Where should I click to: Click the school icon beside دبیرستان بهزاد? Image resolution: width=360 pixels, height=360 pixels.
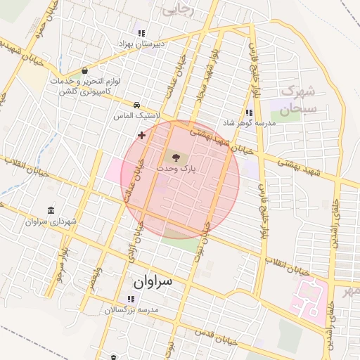141,32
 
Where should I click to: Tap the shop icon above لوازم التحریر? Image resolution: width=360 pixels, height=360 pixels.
85,71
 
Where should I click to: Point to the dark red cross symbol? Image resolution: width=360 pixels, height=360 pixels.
141,134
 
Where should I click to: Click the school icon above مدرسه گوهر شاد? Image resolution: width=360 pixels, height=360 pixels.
249,112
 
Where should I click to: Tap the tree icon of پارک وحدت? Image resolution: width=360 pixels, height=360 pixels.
175,157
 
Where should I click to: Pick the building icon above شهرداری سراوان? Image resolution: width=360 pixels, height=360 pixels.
51,210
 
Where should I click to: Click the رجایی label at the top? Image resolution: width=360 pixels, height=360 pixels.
178,9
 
